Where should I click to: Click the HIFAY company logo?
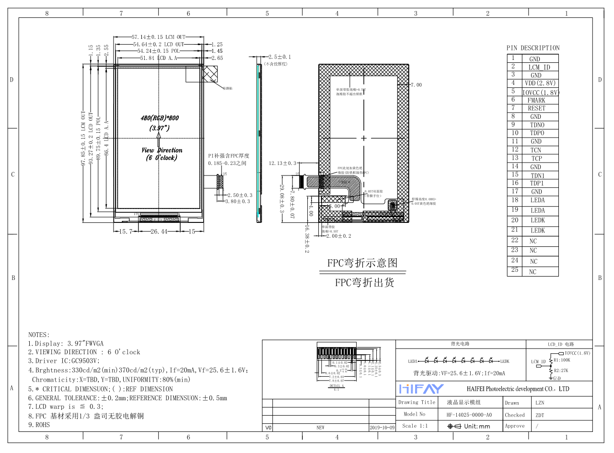(x=421, y=388)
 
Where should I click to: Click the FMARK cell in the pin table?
(x=536, y=100)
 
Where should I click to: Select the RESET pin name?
(x=536, y=108)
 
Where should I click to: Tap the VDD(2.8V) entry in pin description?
(x=539, y=83)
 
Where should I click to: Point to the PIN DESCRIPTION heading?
(x=533, y=48)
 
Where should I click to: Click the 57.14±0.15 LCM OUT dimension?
(x=158, y=37)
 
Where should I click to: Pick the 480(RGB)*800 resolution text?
(x=160, y=118)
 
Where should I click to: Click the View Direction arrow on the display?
(x=158, y=140)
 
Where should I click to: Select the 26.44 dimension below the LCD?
(x=159, y=232)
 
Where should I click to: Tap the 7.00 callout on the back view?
(x=416, y=85)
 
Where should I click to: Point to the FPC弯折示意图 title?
(x=362, y=263)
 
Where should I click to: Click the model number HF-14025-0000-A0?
(x=469, y=415)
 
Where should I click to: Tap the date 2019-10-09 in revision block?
(x=382, y=427)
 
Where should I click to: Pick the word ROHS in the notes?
(x=42, y=425)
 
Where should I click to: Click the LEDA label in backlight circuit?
(x=413, y=361)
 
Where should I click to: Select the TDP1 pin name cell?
(x=536, y=183)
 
